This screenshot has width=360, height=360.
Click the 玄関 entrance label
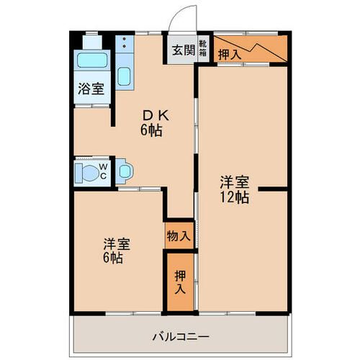[x=184, y=50]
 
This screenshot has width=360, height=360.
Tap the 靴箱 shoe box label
[x=203, y=48]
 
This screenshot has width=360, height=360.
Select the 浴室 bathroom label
[x=91, y=89]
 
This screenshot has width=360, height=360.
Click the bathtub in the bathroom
[x=92, y=60]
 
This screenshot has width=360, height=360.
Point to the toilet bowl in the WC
[x=90, y=172]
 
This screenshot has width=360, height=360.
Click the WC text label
[x=103, y=171]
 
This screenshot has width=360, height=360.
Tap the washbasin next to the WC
[x=125, y=171]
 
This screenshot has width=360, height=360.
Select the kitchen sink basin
[x=125, y=76]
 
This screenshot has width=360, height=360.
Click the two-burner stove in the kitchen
[x=125, y=44]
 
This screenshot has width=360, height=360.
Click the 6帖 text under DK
[x=151, y=131]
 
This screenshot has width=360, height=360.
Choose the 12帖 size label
[x=235, y=197]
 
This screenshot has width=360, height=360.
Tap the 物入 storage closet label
[x=179, y=236]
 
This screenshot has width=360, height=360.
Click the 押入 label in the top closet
[x=230, y=55]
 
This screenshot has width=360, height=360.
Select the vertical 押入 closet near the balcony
[x=180, y=282]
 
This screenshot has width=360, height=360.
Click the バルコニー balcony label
[x=181, y=337]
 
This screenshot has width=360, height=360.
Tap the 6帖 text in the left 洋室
[x=113, y=258]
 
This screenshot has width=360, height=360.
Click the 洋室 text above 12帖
[x=235, y=182]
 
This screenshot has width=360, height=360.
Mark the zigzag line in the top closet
[x=251, y=49]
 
